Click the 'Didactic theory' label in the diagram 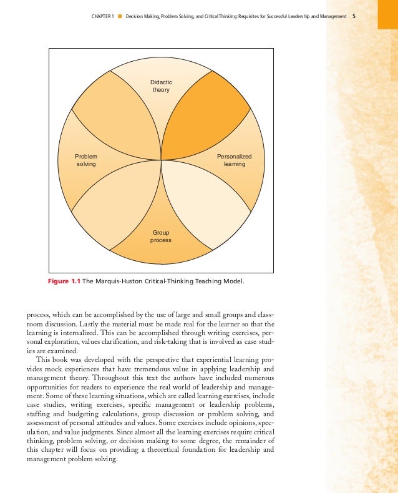162,86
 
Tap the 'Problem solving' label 86,160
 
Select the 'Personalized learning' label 234,160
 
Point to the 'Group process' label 161,236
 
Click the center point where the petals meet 162,160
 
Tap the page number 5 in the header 354,16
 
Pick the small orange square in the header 119,16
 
